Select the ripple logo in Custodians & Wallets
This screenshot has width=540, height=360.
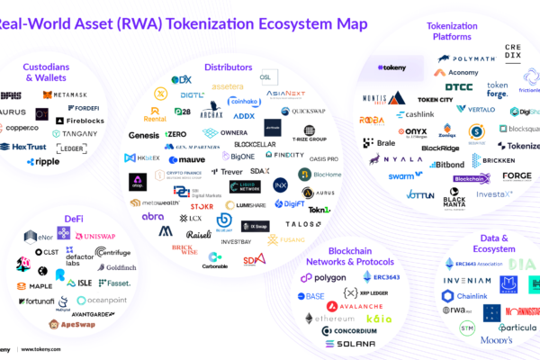[42, 162]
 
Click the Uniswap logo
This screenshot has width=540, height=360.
[98, 236]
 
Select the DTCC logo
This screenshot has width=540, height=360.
[458, 87]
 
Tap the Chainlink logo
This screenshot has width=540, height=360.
[465, 296]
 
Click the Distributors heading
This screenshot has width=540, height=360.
[228, 67]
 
